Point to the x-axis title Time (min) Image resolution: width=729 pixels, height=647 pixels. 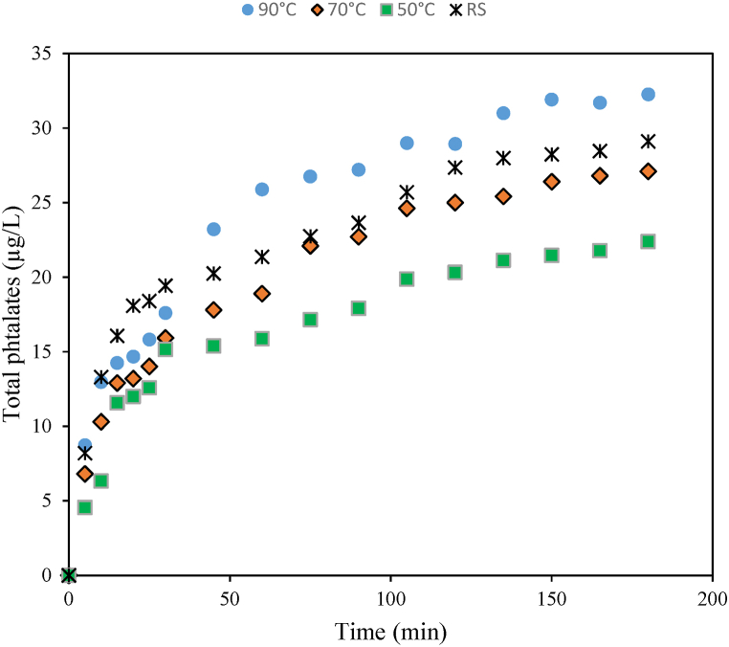[389, 632]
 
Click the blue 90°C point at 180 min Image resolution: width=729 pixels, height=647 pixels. [648, 94]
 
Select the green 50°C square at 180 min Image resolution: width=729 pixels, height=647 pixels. [648, 241]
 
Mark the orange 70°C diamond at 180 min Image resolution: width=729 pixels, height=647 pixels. [648, 171]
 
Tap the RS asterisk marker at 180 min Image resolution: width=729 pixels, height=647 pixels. [648, 141]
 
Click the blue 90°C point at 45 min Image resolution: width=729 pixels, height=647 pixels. [213, 229]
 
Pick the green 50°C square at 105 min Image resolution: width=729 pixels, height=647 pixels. [407, 279]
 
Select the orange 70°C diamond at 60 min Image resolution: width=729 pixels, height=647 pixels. [261, 293]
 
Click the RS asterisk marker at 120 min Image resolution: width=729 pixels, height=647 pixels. [454, 167]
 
